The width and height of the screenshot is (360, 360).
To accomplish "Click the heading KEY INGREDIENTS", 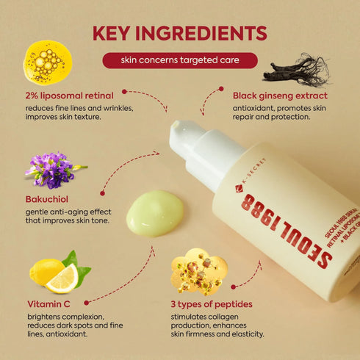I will [180, 34].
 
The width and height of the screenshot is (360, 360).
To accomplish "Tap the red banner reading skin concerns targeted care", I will [180, 60].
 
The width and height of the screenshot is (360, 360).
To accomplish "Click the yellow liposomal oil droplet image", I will [48, 63].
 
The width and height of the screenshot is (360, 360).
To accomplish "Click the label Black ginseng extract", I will [280, 95].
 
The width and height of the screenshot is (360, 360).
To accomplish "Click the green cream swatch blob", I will [155, 213].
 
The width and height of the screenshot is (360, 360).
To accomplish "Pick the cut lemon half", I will [62, 278].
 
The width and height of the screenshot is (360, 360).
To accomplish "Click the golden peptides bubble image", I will [198, 272].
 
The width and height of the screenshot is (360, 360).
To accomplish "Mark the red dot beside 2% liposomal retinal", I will [125, 92].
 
